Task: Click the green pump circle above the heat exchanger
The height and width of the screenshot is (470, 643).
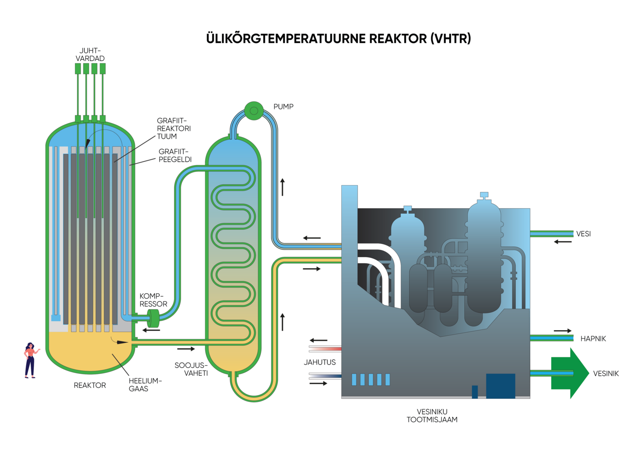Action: (254, 111)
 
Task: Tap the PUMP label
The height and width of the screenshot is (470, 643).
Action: (283, 107)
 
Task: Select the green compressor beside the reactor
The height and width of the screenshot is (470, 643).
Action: (153, 318)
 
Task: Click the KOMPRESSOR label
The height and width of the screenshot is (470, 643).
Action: (153, 300)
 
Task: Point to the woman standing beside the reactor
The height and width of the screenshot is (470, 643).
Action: (30, 360)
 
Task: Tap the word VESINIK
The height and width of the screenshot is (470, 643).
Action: (606, 374)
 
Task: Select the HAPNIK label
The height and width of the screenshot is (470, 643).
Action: (593, 339)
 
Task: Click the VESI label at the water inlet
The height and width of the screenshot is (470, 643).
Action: (583, 234)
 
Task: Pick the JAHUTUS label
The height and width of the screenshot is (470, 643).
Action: (320, 362)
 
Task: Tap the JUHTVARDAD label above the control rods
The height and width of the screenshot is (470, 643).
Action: (90, 55)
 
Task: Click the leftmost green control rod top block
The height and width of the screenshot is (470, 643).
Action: (78, 69)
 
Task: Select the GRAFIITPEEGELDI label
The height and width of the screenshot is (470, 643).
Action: (175, 155)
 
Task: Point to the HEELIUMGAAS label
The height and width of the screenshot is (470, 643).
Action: (145, 385)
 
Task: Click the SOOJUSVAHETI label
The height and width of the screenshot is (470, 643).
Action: (191, 369)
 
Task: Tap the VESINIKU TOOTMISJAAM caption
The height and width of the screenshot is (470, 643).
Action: (432, 415)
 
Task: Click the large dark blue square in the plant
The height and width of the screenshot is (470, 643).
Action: (500, 385)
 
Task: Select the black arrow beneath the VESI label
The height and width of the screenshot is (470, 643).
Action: (563, 242)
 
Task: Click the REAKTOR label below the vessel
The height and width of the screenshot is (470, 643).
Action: (90, 385)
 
